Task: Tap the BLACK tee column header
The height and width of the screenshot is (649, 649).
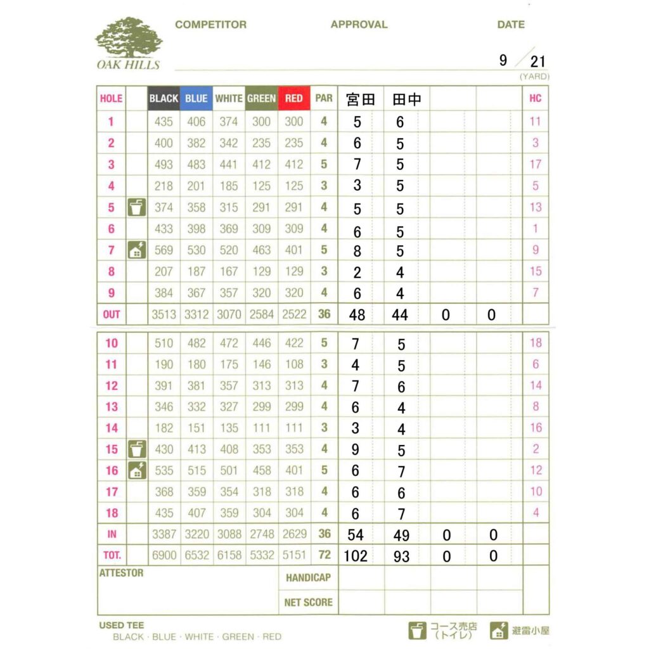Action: [164, 99]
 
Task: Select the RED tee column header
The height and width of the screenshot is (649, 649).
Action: [293, 99]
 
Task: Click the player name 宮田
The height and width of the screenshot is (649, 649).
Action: [361, 100]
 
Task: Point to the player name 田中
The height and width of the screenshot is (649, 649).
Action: [407, 100]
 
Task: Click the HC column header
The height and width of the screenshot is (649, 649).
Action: [535, 99]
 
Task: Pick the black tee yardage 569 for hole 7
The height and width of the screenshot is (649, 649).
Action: [164, 250]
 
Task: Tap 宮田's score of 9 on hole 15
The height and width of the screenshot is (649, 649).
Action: [356, 449]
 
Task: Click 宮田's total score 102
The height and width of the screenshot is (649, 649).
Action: [356, 556]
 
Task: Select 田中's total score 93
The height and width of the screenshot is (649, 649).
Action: [401, 556]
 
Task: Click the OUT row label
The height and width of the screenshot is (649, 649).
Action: [111, 314]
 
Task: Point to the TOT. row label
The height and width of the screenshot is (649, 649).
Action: [111, 555]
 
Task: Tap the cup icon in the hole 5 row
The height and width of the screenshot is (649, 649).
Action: [136, 207]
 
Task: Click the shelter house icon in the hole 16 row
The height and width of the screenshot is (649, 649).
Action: [136, 470]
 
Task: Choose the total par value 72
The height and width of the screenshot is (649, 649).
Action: [324, 555]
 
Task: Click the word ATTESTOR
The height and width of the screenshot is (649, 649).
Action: [122, 573]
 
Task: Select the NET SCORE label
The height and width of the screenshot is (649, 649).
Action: [308, 602]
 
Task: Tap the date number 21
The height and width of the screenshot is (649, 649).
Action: [538, 61]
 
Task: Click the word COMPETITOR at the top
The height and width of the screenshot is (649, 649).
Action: [210, 25]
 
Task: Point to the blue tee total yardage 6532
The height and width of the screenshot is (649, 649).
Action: [196, 555]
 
